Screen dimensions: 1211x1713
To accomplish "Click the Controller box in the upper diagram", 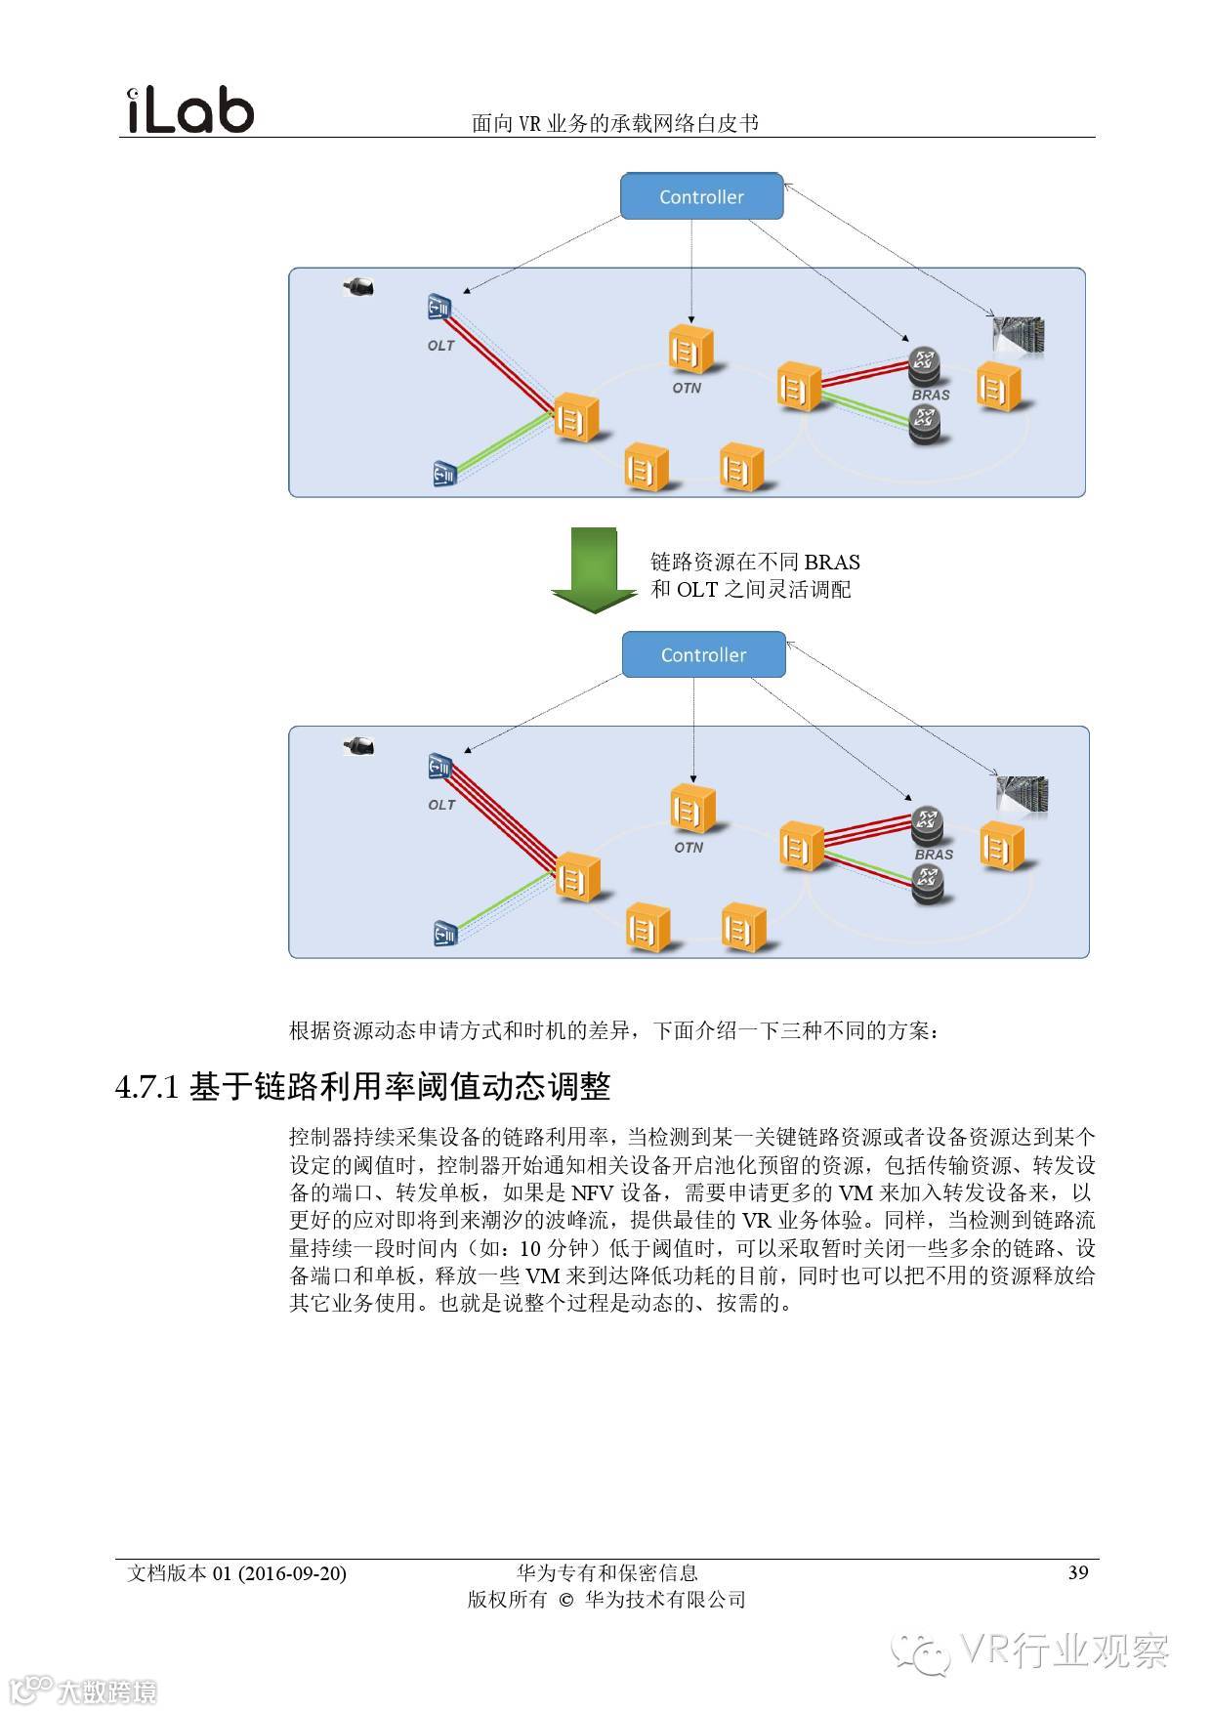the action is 702,196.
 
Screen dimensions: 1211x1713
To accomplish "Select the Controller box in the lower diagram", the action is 703,654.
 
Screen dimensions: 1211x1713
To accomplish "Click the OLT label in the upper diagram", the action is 440,346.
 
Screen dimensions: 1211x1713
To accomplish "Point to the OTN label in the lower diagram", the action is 689,848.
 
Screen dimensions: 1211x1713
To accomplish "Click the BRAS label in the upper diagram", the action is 931,396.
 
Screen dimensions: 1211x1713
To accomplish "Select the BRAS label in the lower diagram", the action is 934,855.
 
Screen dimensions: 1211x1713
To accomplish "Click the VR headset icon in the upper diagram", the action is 358,287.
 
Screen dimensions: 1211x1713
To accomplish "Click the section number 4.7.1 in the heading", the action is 147,1088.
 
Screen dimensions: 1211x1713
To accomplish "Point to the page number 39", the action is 1078,1572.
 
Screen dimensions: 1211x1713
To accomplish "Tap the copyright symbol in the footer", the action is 565,1600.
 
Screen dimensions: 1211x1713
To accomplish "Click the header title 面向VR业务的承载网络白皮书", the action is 615,123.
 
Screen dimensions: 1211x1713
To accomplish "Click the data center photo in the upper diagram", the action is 1019,335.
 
